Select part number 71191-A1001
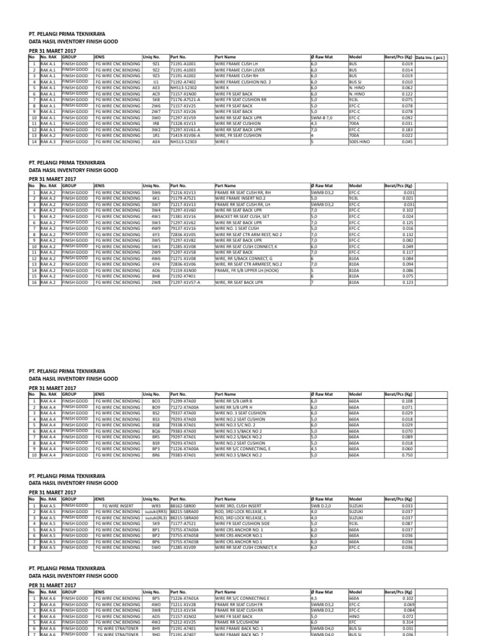click(x=183, y=64)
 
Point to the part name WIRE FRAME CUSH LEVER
click(x=240, y=70)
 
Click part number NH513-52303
click(x=183, y=141)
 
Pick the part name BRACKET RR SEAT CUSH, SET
click(x=243, y=217)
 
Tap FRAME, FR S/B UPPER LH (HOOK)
click(x=247, y=271)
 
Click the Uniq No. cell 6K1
click(x=156, y=199)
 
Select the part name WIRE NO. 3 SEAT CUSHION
click(x=242, y=412)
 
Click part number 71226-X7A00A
click(x=185, y=448)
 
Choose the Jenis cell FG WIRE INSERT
click(x=117, y=506)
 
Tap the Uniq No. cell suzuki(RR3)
click(x=156, y=512)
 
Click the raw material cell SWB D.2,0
click(x=322, y=506)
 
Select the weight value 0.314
click(x=407, y=621)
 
